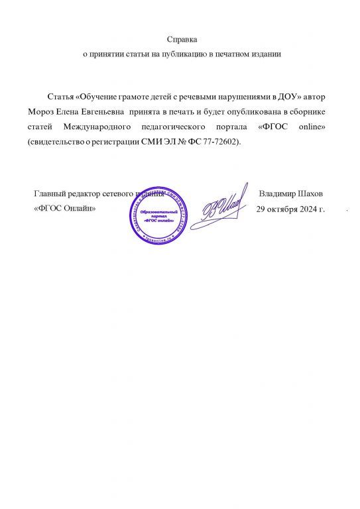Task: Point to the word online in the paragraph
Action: tap(306, 128)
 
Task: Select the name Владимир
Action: tap(278, 194)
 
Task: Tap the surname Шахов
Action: tap(311, 194)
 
